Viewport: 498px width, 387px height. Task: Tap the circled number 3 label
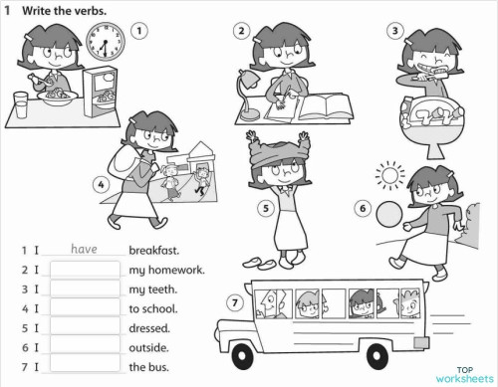[396, 32]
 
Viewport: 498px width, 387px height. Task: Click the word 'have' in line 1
[84, 250]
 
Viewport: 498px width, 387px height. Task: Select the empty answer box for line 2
[84, 270]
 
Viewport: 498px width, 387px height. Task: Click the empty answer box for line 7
[84, 367]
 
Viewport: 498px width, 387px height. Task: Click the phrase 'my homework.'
[166, 270]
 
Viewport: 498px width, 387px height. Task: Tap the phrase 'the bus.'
[149, 367]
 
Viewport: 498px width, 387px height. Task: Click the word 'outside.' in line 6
[149, 348]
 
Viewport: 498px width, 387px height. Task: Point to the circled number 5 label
[265, 208]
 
